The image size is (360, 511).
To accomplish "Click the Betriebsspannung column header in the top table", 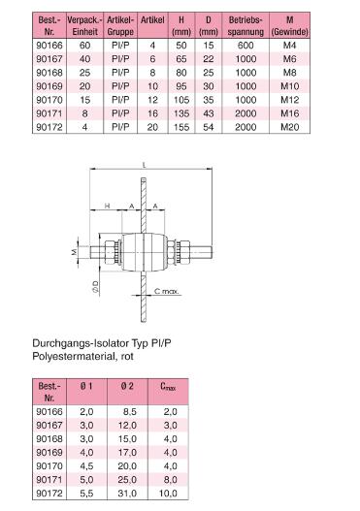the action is click(245, 26).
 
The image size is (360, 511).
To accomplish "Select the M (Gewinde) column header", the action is click(289, 26).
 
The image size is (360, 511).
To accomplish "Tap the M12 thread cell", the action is click(289, 100).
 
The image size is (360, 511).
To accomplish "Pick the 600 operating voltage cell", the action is click(245, 46).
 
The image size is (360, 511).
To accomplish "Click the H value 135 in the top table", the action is click(181, 113).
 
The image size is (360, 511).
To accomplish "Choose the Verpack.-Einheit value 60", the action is click(84, 46).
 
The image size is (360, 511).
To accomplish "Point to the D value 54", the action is click(209, 127).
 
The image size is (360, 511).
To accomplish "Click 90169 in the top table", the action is click(49, 86).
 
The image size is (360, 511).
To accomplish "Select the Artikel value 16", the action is click(152, 113).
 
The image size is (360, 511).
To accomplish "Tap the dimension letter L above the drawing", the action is click(145, 165).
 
